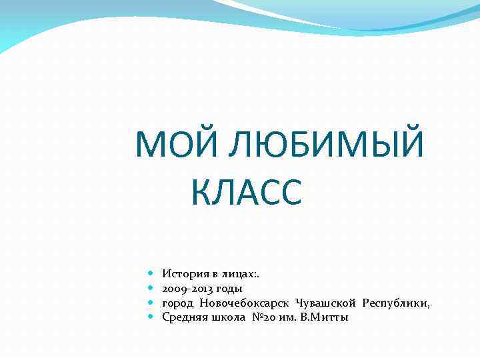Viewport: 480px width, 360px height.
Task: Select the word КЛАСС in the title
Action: pos(247,193)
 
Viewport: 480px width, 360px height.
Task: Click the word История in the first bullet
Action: pos(183,274)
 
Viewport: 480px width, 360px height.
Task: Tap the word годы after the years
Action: pos(228,289)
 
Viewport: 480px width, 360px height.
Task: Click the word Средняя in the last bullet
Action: pos(183,318)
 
